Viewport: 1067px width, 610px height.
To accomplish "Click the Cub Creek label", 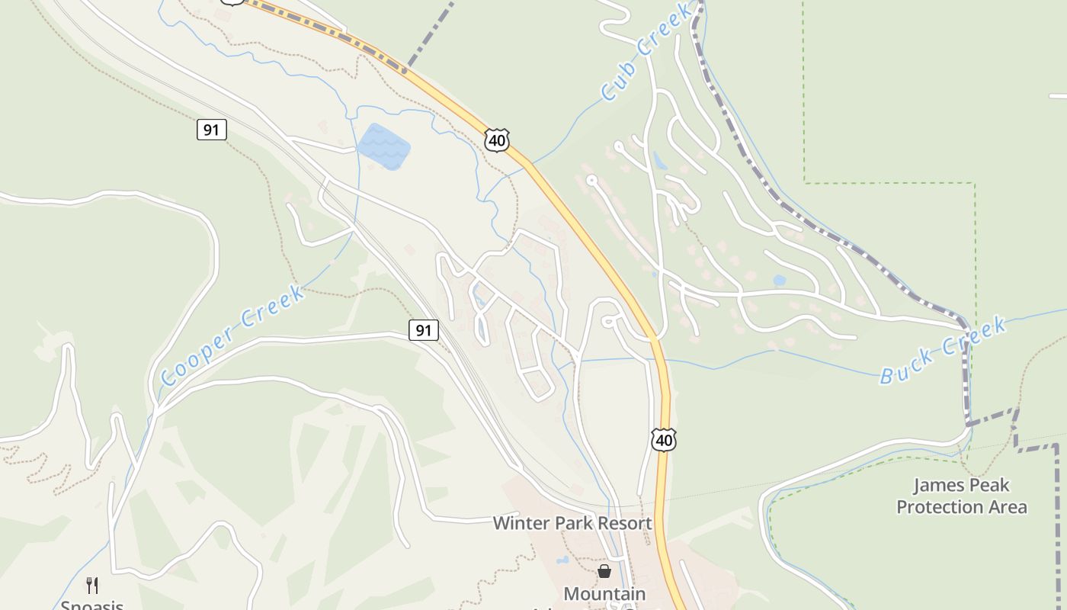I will [646, 52].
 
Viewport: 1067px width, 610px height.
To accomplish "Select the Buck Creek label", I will [943, 351].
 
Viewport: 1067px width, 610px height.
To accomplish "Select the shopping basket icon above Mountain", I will [604, 570].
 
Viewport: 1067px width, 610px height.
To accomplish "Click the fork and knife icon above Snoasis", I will [92, 585].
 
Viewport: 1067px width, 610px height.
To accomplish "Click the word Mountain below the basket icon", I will [604, 593].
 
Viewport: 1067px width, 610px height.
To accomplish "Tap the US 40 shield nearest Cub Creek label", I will [496, 140].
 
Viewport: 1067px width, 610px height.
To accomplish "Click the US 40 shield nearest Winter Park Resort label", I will [664, 439].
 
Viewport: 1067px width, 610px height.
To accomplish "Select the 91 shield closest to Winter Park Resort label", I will [424, 330].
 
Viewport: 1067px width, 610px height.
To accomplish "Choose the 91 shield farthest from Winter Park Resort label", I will [211, 130].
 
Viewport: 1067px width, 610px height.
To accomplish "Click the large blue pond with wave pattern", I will [384, 146].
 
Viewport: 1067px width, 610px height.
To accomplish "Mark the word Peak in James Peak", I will [987, 485].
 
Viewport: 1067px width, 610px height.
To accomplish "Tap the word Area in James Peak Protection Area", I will [1008, 507].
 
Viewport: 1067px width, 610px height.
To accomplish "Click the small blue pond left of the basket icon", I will [562, 560].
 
